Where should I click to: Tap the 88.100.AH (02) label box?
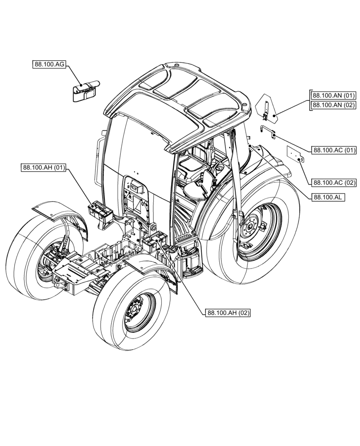point(228,313)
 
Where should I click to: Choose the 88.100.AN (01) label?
point(334,95)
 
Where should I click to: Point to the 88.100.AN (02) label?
point(334,105)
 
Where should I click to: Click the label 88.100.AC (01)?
point(334,150)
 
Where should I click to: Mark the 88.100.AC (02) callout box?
point(334,182)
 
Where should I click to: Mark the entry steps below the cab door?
point(191,263)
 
